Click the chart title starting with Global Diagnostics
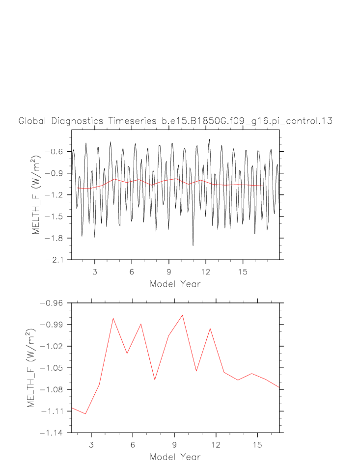point(175,121)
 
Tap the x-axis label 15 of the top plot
point(243,272)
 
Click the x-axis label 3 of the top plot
point(95,272)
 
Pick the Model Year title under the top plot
point(175,284)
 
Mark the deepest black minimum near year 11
point(193,246)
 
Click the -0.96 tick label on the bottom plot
point(52,303)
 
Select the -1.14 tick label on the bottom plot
point(52,433)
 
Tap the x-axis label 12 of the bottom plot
point(216,445)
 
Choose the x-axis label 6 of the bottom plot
point(133,445)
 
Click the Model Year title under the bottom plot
point(175,457)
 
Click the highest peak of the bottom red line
point(183,315)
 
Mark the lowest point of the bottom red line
point(85,414)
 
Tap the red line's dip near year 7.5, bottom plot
point(155,380)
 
